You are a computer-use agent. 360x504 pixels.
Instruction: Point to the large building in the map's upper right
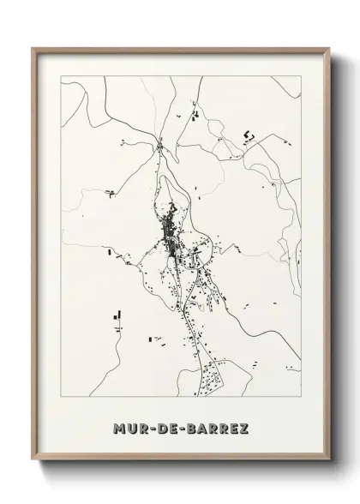point(250,135)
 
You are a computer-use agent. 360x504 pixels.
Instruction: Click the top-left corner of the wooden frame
point(34,48)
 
